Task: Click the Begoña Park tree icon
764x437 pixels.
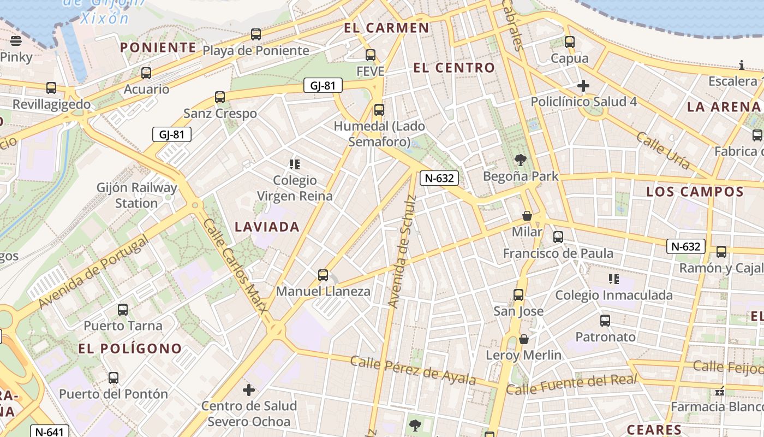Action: (x=521, y=160)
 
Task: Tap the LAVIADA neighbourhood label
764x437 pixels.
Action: (x=267, y=227)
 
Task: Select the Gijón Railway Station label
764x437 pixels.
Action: (x=137, y=196)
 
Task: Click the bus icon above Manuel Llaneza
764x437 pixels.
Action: (x=323, y=275)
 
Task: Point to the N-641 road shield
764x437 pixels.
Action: (x=49, y=432)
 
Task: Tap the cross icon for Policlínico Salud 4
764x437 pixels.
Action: (x=583, y=86)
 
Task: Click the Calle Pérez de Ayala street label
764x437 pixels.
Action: (x=413, y=370)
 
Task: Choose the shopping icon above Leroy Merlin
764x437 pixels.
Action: (x=524, y=339)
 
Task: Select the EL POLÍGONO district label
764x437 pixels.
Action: (x=130, y=349)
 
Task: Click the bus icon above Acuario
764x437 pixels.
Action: (x=146, y=73)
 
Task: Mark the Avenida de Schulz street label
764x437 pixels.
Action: (x=402, y=251)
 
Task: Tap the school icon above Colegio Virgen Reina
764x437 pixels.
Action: (x=295, y=164)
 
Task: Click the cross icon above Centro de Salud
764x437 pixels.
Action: (x=249, y=390)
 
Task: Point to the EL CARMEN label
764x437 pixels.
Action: (x=386, y=28)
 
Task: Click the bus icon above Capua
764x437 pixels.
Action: (x=570, y=42)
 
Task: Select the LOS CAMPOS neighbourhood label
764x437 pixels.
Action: (x=695, y=192)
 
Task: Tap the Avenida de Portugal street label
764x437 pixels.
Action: (x=93, y=272)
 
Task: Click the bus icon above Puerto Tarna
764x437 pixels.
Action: (x=123, y=310)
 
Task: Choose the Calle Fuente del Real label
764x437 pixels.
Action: (x=571, y=385)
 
